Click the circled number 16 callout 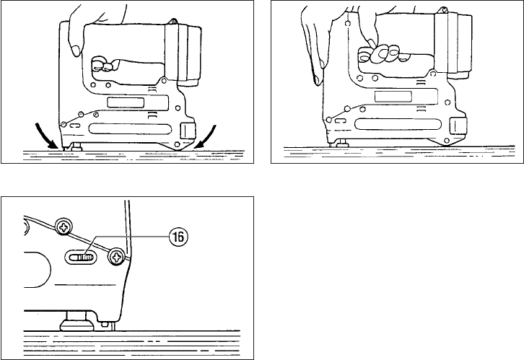[178, 237]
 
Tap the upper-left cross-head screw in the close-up [64, 227]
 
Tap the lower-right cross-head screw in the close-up [117, 257]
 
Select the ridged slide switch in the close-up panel [84, 258]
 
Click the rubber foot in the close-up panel [77, 320]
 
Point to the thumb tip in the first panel [76, 51]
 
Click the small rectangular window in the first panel [126, 102]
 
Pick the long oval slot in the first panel [130, 129]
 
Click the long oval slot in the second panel [398, 124]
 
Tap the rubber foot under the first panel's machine [77, 147]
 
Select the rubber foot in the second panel [342, 144]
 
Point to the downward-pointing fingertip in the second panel [317, 80]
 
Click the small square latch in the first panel [188, 131]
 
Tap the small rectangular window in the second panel [393, 97]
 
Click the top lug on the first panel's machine [173, 22]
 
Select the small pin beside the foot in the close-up [104, 325]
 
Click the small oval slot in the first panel [75, 126]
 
